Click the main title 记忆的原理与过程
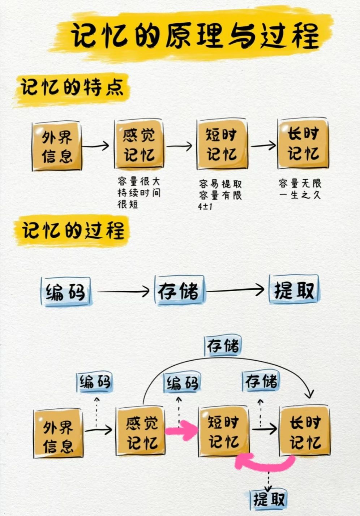(195, 36)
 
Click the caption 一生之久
(300, 195)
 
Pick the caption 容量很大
(138, 181)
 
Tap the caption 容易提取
(220, 184)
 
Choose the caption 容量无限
(300, 183)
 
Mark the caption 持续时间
(138, 193)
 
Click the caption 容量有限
(220, 195)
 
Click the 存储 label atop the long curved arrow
(223, 346)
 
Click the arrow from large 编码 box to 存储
(123, 291)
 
